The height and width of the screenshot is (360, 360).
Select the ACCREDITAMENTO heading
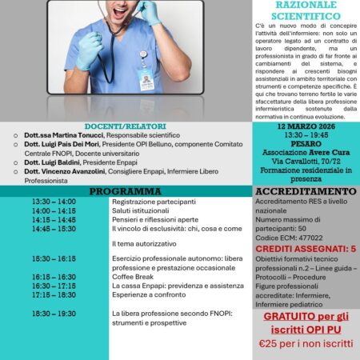[306, 192]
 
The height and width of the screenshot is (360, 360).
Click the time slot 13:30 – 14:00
[54, 202]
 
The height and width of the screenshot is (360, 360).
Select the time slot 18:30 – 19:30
[54, 314]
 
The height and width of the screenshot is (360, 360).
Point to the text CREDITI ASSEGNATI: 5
[306, 249]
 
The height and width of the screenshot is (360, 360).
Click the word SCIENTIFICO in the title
[306, 14]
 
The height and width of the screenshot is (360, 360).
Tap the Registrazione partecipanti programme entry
[148, 202]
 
